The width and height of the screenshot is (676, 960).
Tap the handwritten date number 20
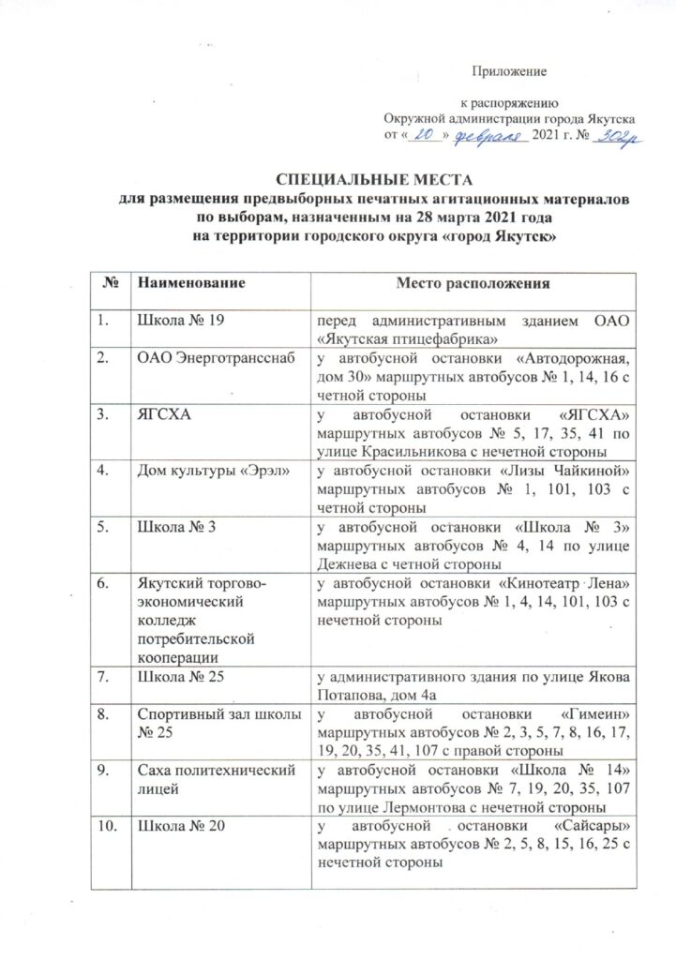point(425,136)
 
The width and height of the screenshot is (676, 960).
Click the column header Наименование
point(193,282)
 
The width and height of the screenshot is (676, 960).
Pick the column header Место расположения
point(474,282)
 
